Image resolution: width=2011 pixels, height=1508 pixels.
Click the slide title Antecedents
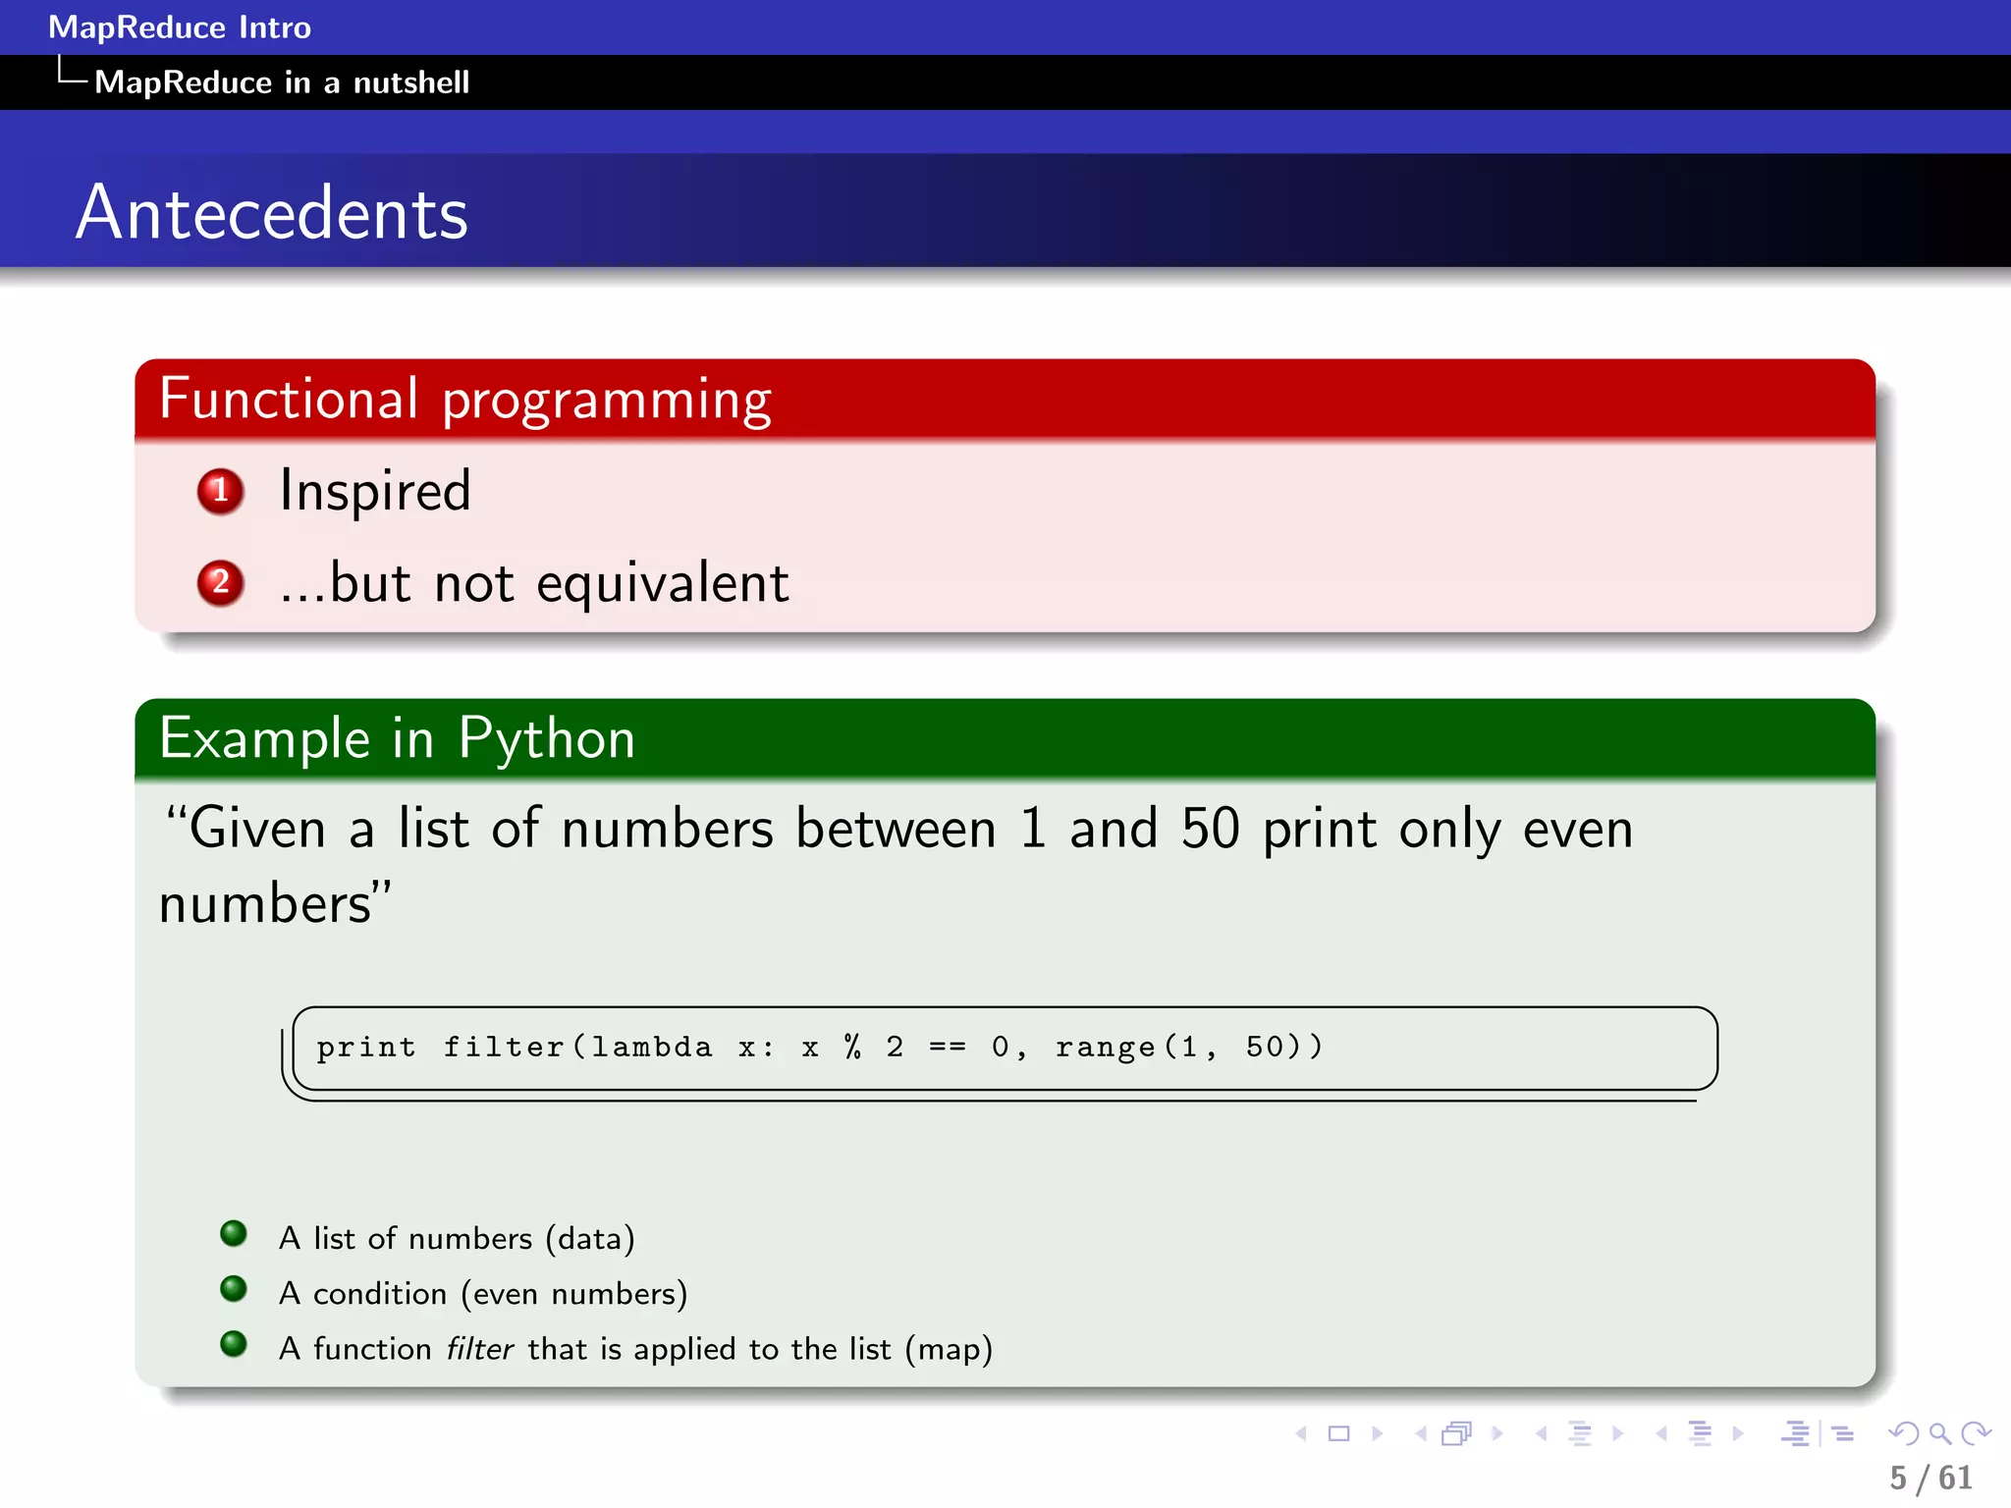point(272,213)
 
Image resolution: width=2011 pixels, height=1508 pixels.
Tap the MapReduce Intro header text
point(180,27)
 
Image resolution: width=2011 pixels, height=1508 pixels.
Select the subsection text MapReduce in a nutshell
point(282,82)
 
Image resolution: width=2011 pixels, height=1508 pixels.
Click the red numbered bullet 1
point(220,491)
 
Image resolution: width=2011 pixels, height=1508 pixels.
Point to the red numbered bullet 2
point(220,582)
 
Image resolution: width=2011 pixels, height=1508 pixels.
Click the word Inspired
point(375,491)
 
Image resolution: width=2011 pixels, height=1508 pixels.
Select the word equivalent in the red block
point(662,584)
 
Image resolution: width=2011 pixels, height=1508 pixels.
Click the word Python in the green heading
point(546,738)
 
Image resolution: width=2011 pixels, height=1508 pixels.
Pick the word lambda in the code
point(651,1048)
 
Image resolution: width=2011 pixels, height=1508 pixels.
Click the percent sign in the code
point(852,1048)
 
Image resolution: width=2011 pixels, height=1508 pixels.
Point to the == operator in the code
point(947,1048)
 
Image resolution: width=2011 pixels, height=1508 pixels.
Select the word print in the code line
point(365,1048)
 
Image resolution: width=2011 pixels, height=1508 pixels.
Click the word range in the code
point(1105,1048)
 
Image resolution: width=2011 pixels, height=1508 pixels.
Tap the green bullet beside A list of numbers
point(234,1233)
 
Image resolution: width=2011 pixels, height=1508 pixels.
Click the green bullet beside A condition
point(234,1288)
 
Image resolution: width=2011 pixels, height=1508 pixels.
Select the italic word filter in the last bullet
point(479,1349)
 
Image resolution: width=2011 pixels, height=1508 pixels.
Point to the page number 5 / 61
point(1930,1478)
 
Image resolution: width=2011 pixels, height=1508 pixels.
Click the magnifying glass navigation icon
point(1939,1434)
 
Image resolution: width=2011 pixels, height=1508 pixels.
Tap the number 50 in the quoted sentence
point(1211,829)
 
